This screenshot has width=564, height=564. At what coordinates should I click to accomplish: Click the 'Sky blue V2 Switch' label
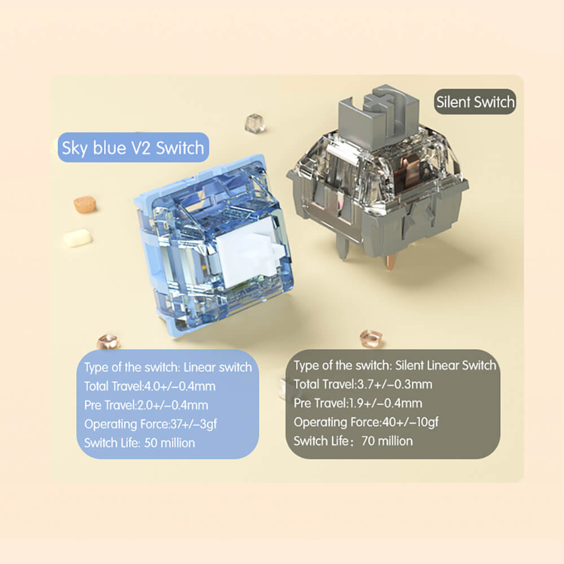click(133, 147)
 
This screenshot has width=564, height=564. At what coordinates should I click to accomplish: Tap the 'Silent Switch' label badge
click(475, 102)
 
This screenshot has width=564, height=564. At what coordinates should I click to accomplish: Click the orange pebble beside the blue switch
click(85, 204)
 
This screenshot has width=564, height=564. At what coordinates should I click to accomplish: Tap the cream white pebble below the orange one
click(77, 238)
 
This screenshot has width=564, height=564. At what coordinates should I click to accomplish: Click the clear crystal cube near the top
click(255, 123)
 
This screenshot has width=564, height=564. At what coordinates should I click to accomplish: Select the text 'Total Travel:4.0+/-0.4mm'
click(149, 386)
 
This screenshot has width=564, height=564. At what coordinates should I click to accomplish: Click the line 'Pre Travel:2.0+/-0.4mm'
click(146, 405)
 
